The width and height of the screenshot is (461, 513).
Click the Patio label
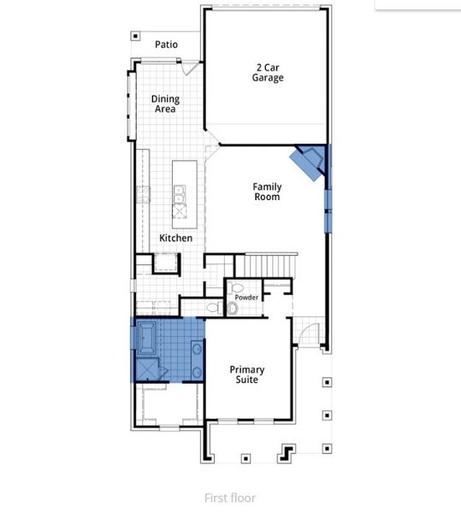point(167,44)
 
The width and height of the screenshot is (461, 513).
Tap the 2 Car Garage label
point(268,72)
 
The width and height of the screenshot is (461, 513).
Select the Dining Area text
point(165,104)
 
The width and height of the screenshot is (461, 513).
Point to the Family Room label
point(266,192)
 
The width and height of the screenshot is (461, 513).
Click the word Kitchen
point(175,238)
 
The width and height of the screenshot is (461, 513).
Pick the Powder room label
point(247,297)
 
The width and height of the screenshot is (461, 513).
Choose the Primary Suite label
point(246,374)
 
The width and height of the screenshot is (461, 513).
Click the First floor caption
point(230,498)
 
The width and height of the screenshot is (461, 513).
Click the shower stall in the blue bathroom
point(147,368)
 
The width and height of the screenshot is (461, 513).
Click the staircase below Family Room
point(266,266)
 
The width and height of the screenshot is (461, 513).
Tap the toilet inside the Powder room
point(233,306)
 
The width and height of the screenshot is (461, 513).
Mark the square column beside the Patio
point(135,36)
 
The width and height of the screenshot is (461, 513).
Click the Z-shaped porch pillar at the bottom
point(287,451)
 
